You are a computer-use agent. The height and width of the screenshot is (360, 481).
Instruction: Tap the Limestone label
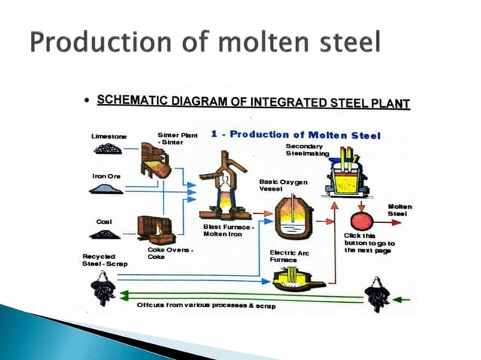click(x=109, y=136)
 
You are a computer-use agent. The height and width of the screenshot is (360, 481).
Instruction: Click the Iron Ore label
click(x=106, y=176)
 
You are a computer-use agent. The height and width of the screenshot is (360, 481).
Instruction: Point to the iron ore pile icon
click(x=106, y=189)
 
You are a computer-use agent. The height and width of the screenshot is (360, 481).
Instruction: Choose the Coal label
click(x=104, y=221)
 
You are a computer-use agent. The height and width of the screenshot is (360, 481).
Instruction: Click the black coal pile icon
click(x=105, y=234)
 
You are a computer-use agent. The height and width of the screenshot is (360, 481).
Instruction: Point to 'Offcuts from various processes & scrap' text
click(x=205, y=305)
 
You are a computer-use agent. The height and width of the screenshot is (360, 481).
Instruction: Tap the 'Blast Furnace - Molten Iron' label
click(x=226, y=230)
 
